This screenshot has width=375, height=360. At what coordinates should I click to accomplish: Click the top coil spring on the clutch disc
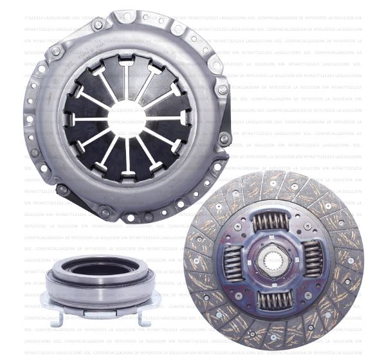(271, 222)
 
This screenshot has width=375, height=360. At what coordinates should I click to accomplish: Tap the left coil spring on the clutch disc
(233, 262)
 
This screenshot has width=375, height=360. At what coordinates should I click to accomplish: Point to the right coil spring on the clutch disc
(313, 258)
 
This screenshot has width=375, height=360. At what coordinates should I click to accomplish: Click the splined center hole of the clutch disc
(273, 260)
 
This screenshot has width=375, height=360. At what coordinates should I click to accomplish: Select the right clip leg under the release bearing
(141, 316)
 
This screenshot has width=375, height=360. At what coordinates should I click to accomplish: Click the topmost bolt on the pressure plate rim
(127, 16)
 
